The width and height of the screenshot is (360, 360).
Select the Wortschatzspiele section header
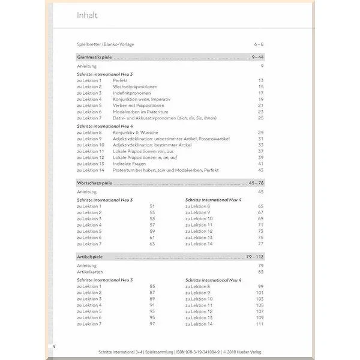(x=95, y=182)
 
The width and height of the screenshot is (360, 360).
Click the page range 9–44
(x=257, y=56)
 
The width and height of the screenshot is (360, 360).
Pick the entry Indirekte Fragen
(x=130, y=163)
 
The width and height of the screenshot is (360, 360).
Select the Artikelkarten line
(x=89, y=272)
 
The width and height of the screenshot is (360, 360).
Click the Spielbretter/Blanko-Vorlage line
(x=106, y=44)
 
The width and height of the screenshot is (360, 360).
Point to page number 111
(x=260, y=324)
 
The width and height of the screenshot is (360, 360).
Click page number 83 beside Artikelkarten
(x=261, y=272)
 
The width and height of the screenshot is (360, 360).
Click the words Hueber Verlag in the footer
(x=242, y=352)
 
